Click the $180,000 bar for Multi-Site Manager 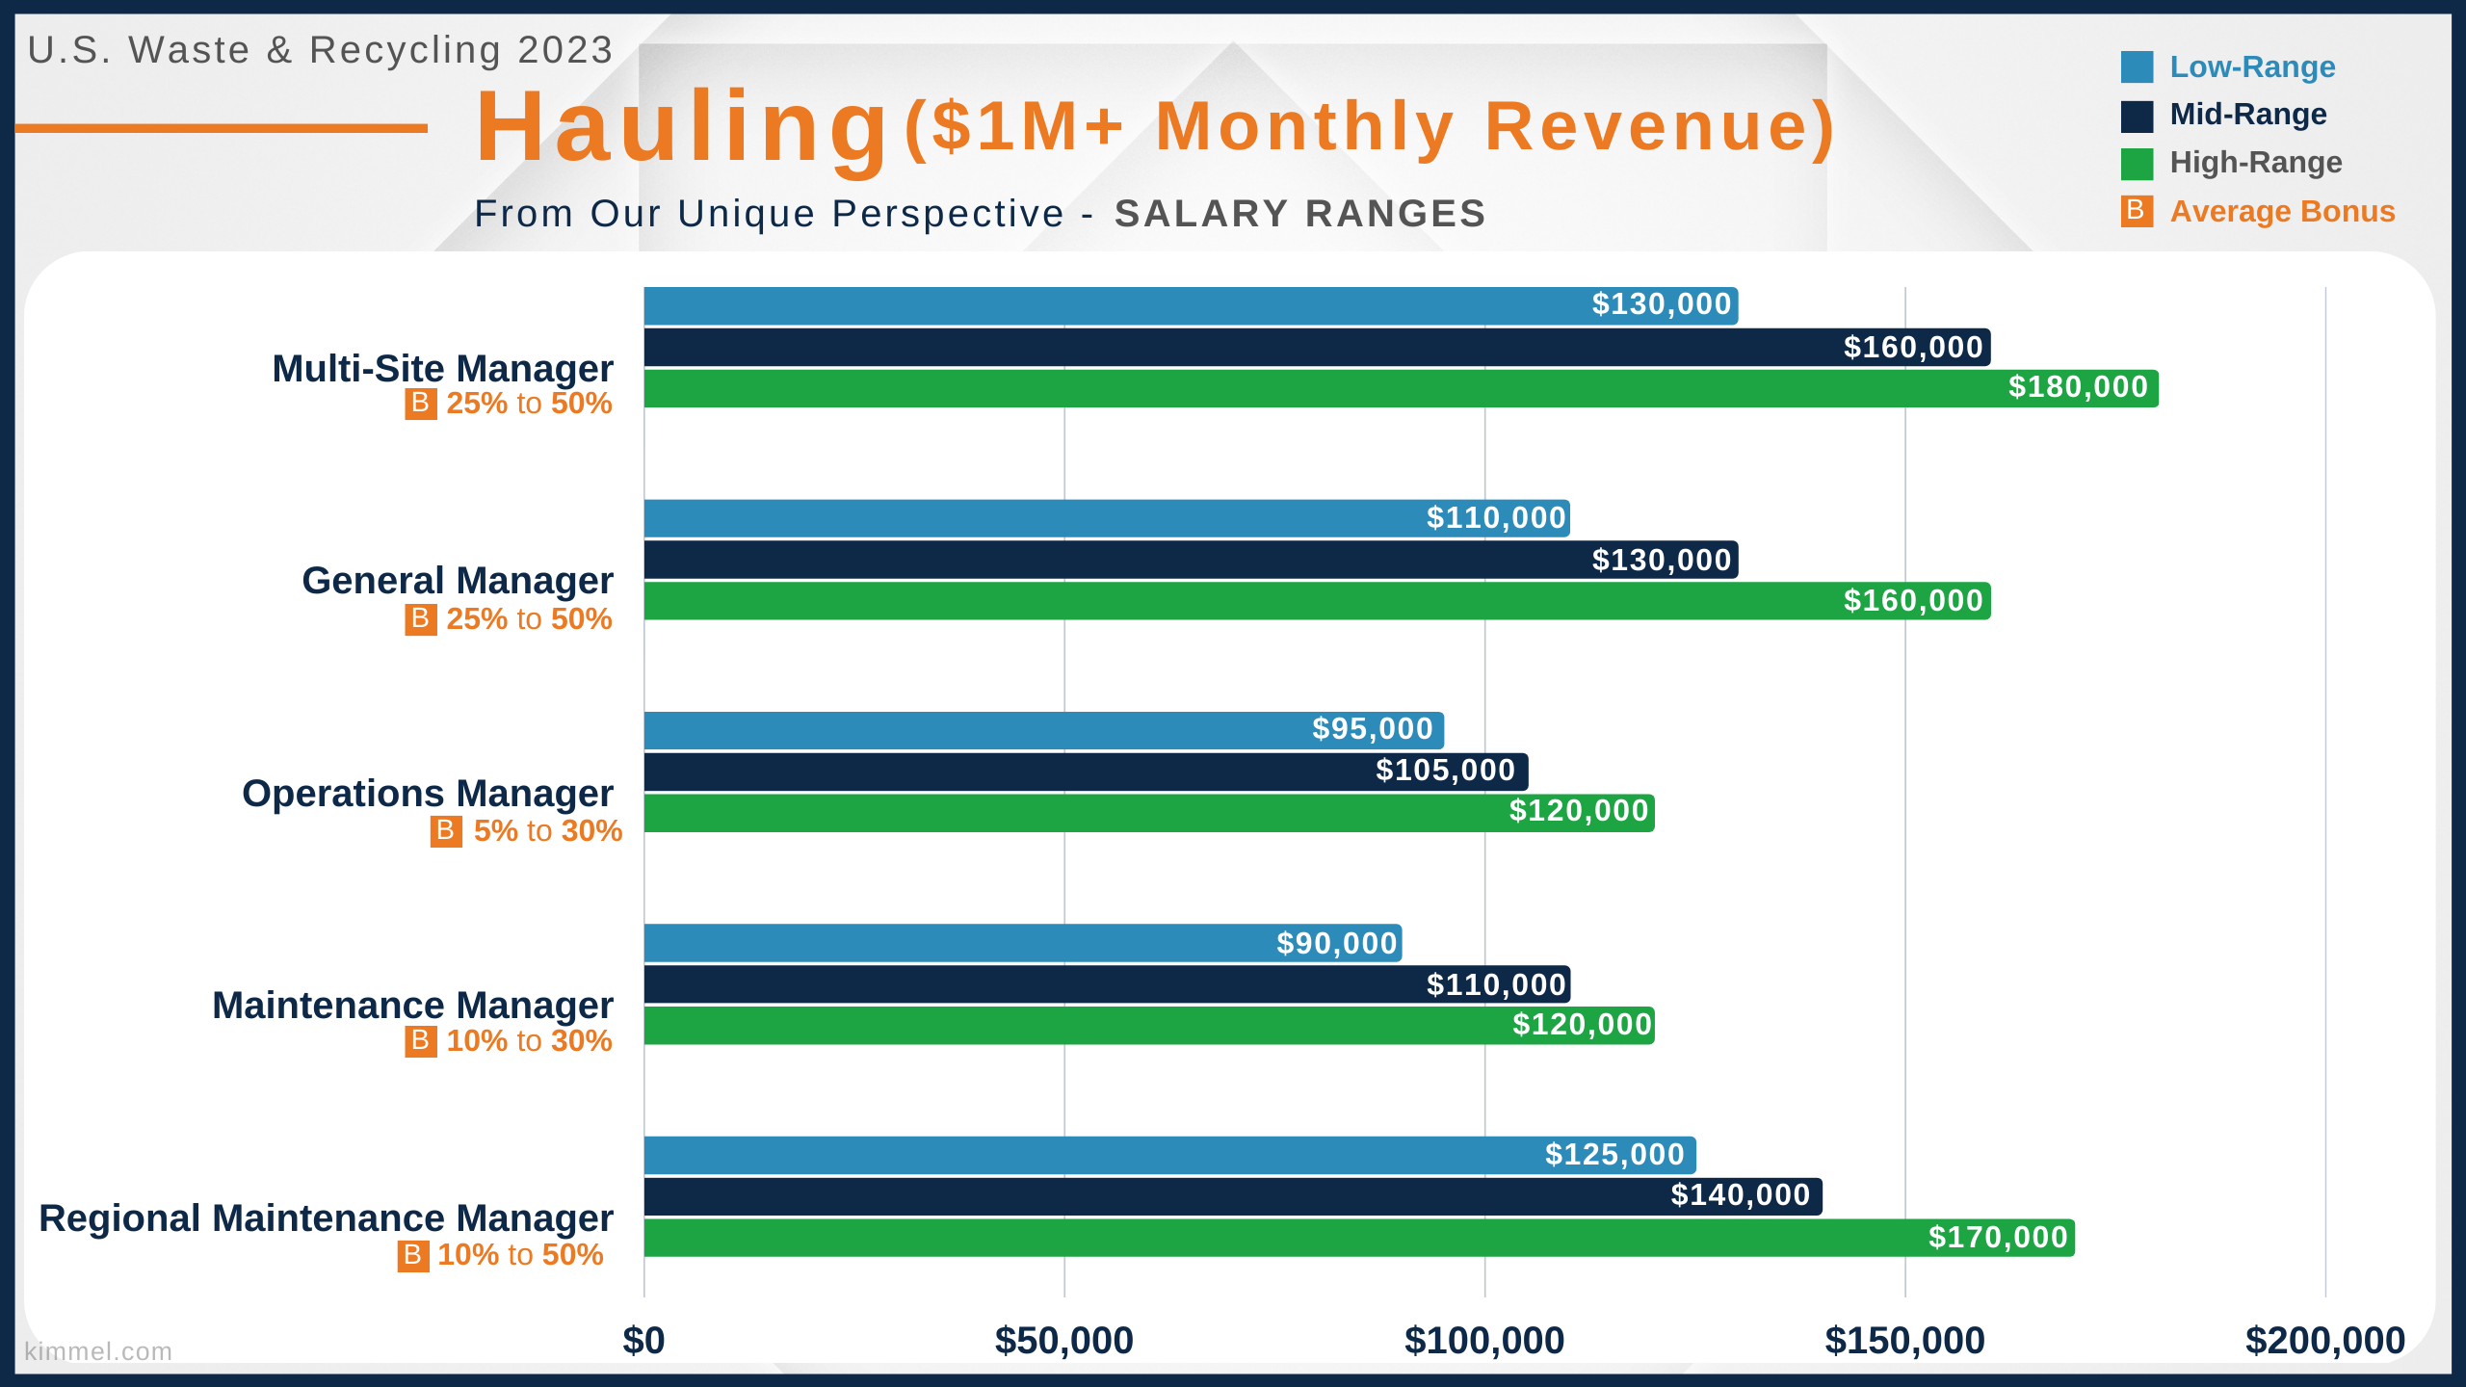click(1401, 388)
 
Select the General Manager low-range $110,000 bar click(1107, 518)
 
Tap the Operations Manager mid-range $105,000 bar click(1086, 772)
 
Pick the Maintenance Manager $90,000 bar click(1023, 943)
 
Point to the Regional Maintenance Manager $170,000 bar click(1359, 1238)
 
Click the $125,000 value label click(1614, 1155)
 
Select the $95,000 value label click(1373, 729)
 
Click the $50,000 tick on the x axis click(1064, 1341)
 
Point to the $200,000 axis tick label click(2325, 1341)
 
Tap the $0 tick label click(643, 1341)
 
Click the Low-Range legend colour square click(2137, 67)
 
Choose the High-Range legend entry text click(2256, 163)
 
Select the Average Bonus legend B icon click(2137, 211)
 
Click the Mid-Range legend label click(2248, 115)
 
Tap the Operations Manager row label click(428, 794)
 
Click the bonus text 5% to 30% click(548, 831)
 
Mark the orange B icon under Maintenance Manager click(421, 1041)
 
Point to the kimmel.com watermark click(98, 1351)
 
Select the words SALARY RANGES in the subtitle click(1300, 214)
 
